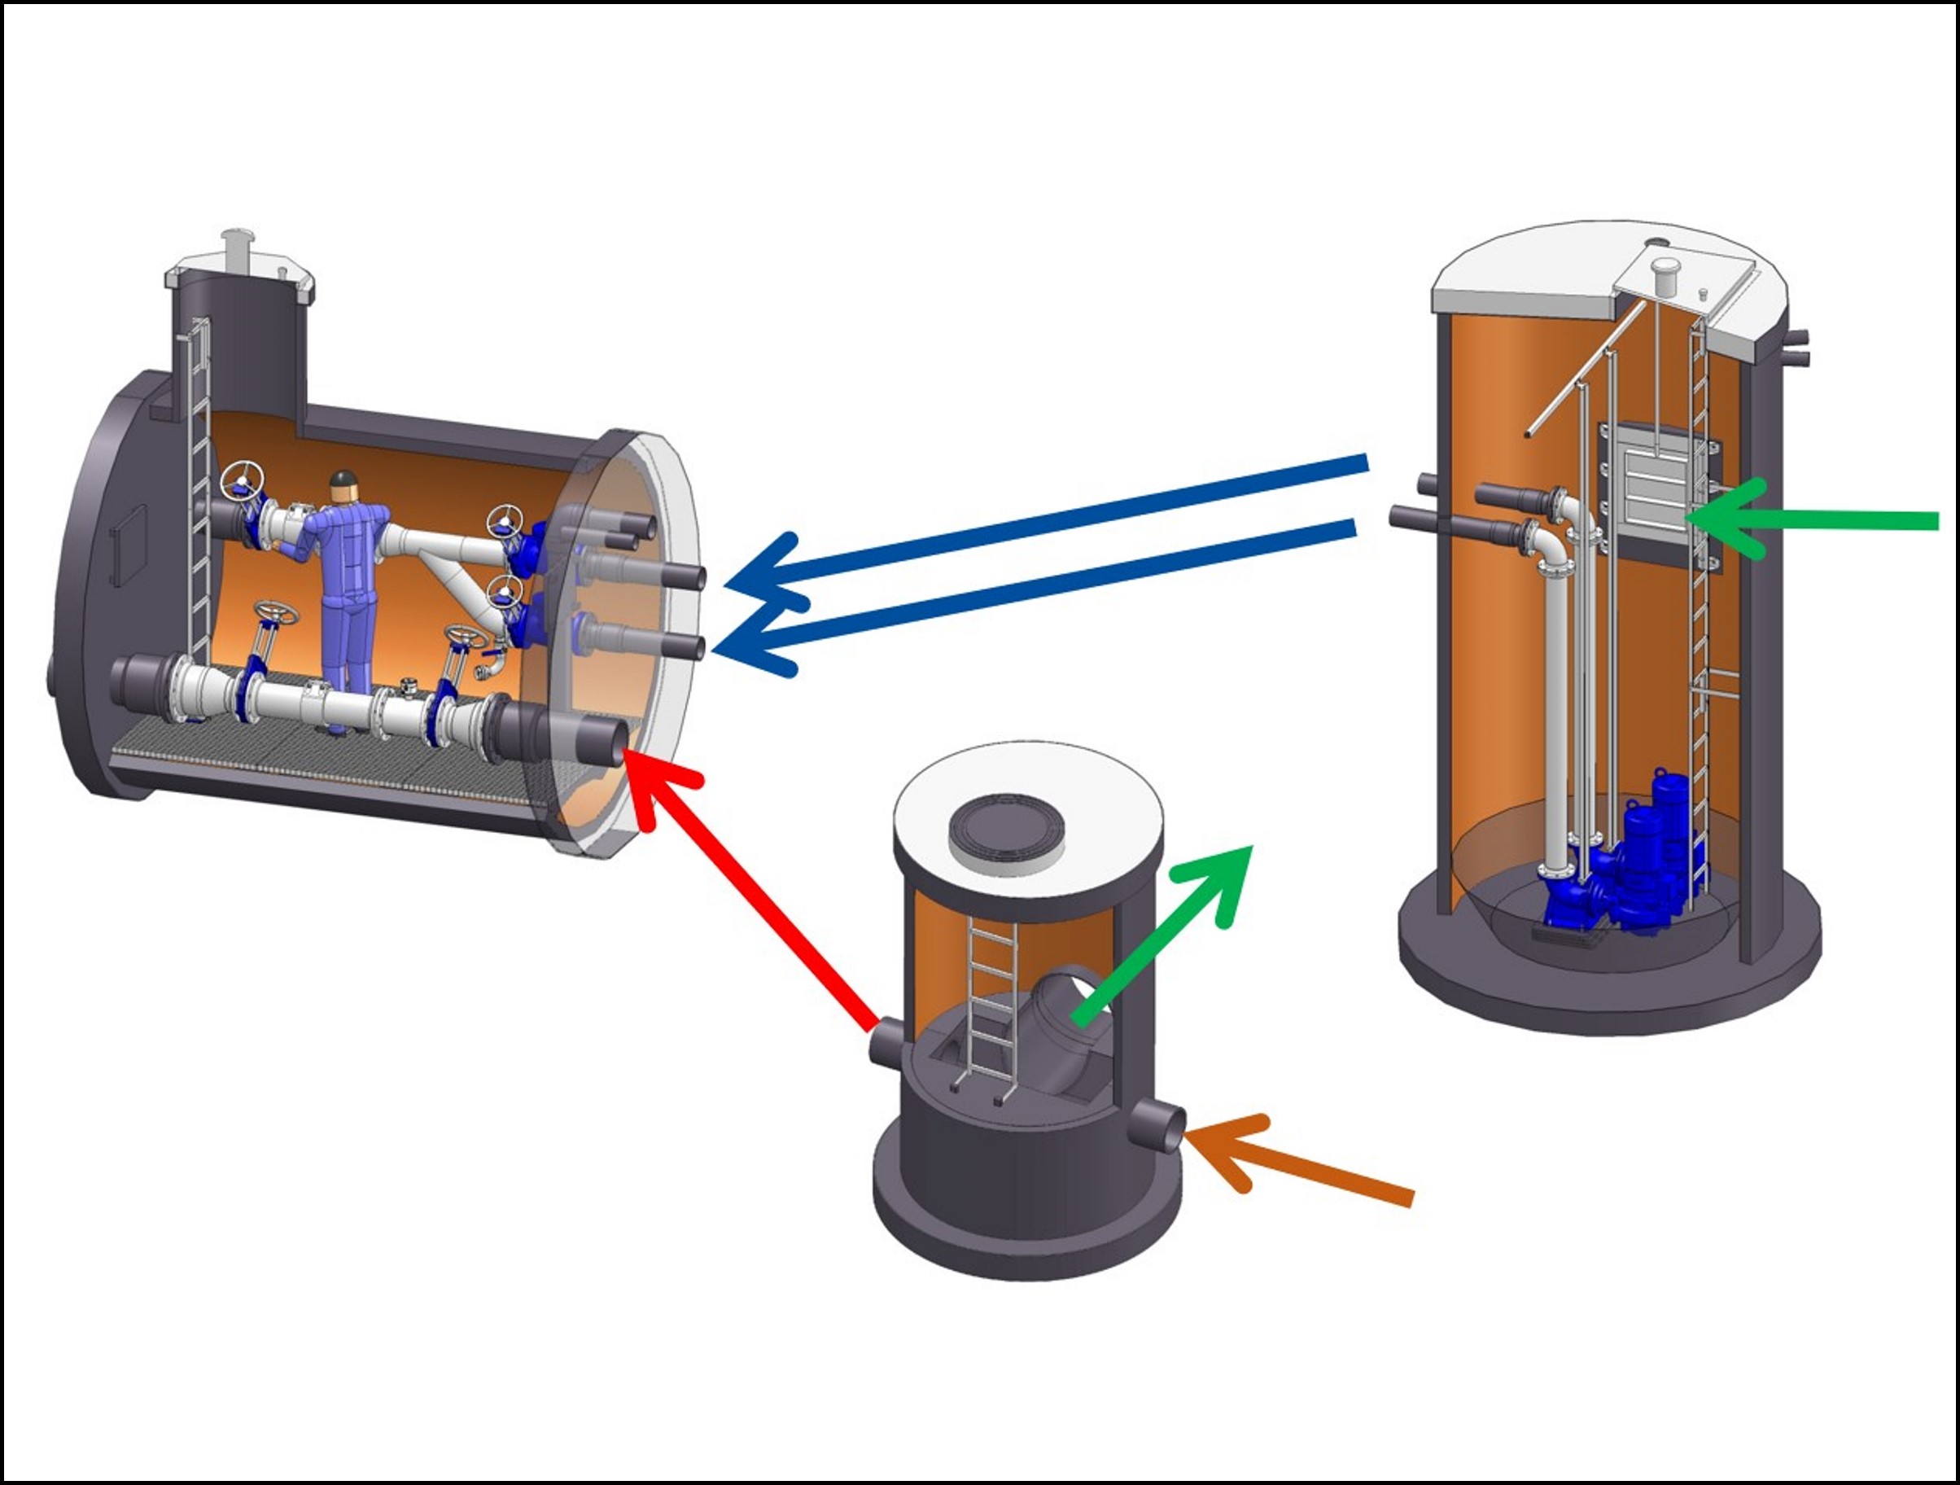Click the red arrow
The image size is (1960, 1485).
click(753, 895)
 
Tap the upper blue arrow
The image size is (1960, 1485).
click(1046, 523)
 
